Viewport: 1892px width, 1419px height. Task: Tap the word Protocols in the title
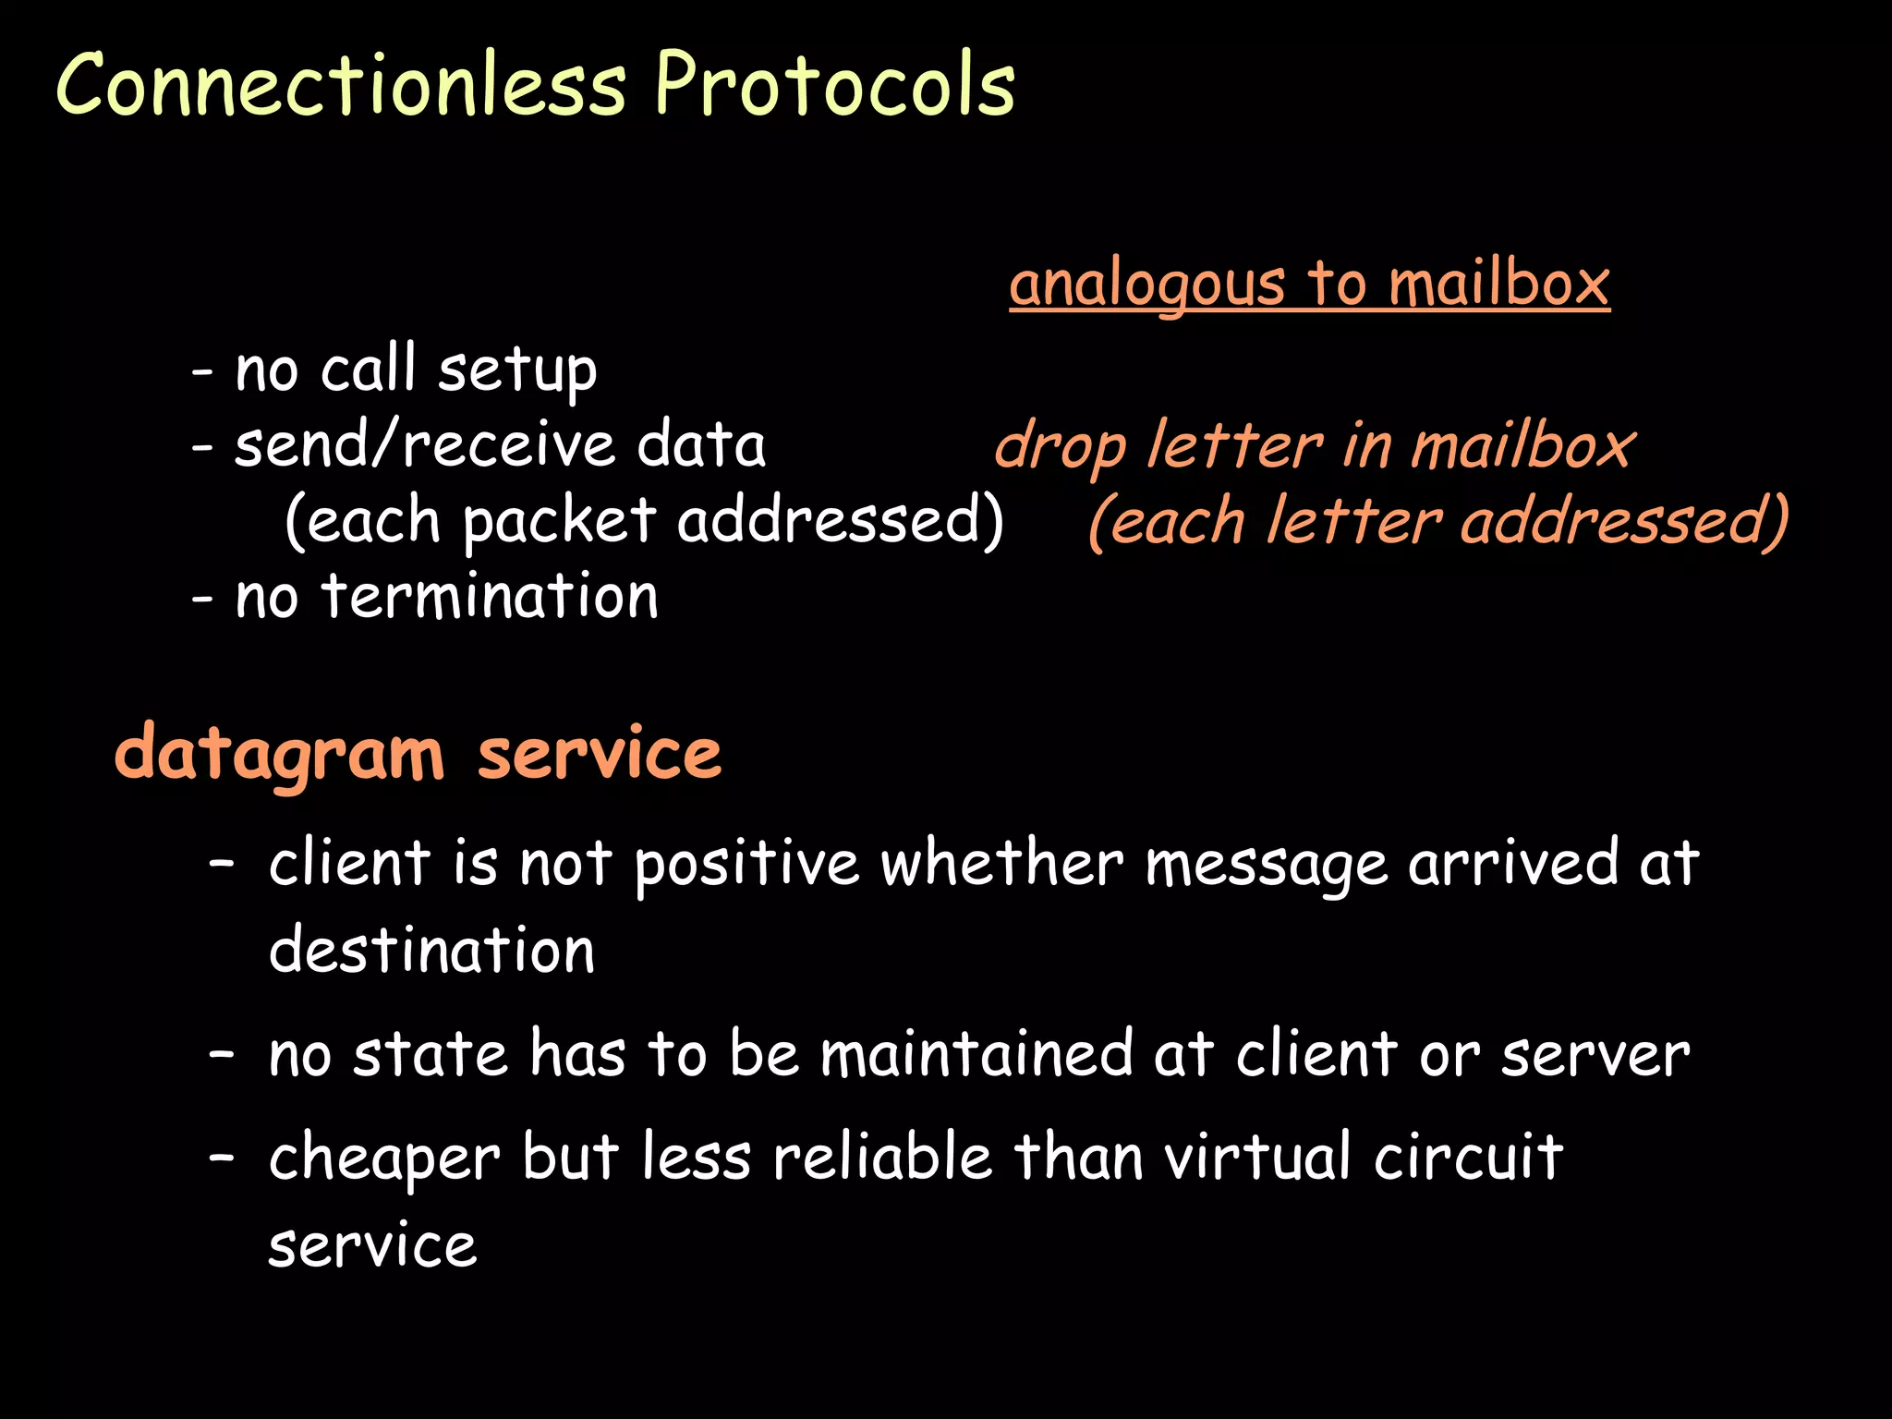[835, 85]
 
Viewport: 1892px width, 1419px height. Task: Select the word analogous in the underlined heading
[1146, 284]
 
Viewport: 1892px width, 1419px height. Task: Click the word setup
[517, 371]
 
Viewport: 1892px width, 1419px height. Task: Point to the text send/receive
[424, 445]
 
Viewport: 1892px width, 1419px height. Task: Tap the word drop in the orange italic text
[1060, 449]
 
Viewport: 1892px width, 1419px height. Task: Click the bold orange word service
[599, 756]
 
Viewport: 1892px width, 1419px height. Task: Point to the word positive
[747, 866]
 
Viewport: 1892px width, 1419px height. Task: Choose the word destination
[431, 951]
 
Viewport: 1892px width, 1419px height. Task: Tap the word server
[1595, 1056]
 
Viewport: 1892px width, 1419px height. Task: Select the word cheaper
[384, 1159]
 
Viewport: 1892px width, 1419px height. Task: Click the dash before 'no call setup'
[202, 373]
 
